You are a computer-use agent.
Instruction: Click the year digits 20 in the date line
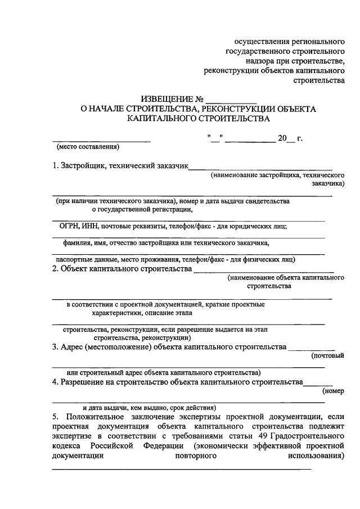tap(282, 137)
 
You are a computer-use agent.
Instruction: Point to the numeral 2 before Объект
tap(54, 269)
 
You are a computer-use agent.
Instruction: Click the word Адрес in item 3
tap(72, 346)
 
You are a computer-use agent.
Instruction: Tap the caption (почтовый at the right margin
tap(327, 356)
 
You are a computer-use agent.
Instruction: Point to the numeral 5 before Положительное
tap(54, 417)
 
